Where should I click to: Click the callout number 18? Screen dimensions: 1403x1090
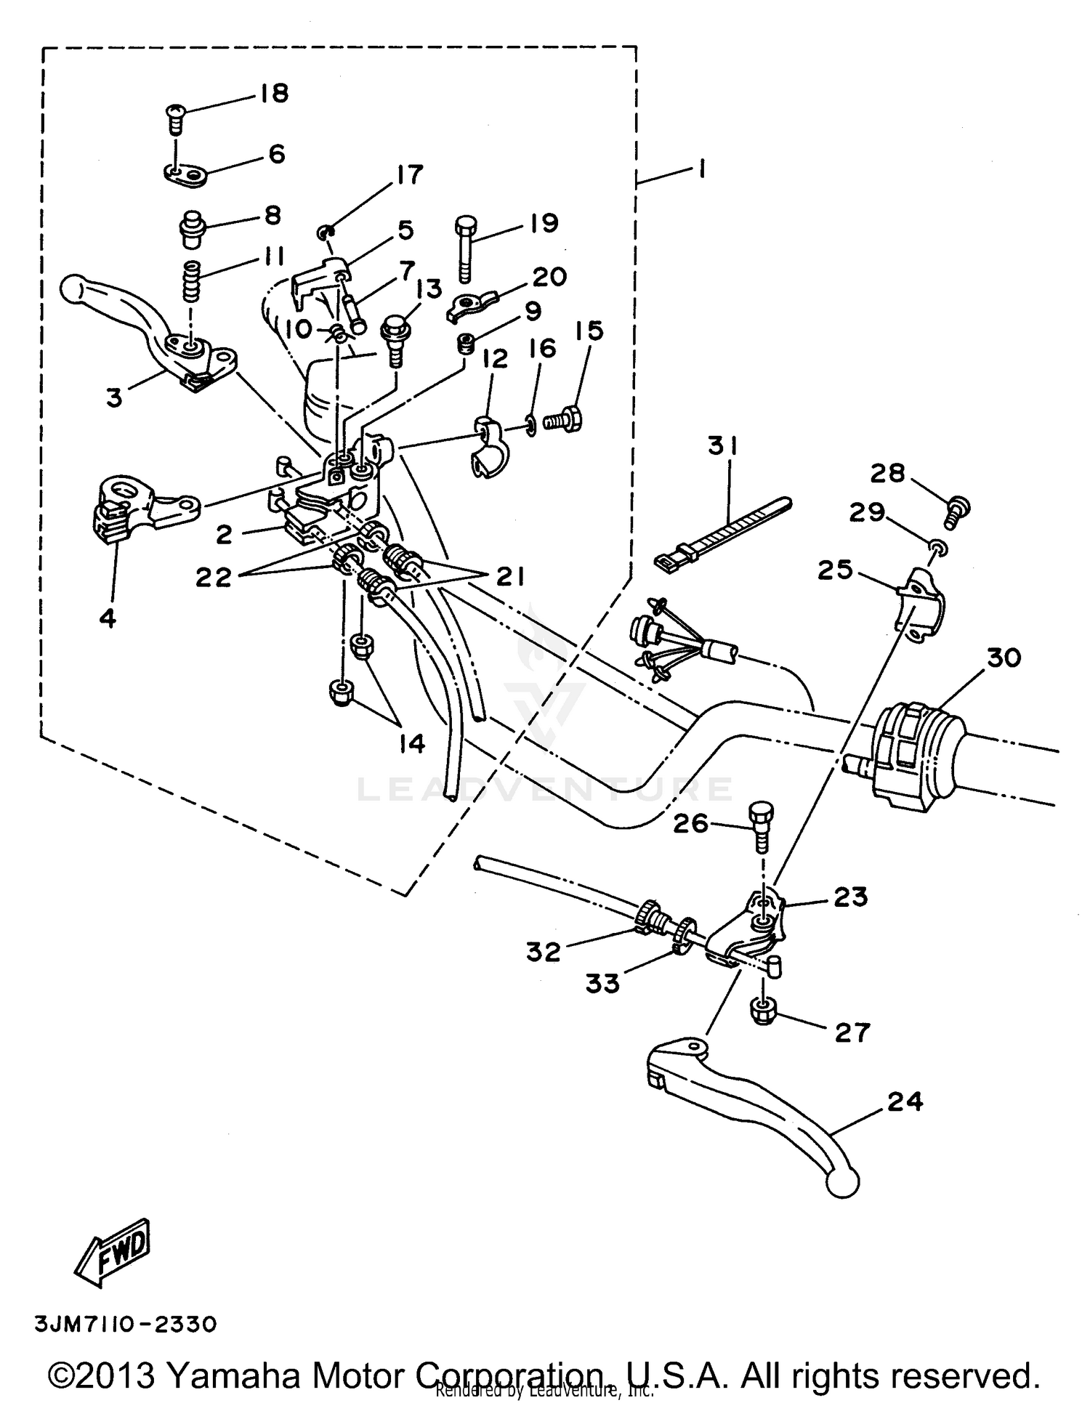pos(272,94)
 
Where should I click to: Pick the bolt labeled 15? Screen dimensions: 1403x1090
pos(565,420)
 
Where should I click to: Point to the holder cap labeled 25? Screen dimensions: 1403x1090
pos(919,602)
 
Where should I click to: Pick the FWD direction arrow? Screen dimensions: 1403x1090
pos(114,1249)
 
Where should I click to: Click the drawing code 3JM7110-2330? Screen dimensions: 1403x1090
pos(126,1325)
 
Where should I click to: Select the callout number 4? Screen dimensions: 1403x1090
pos(107,618)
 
